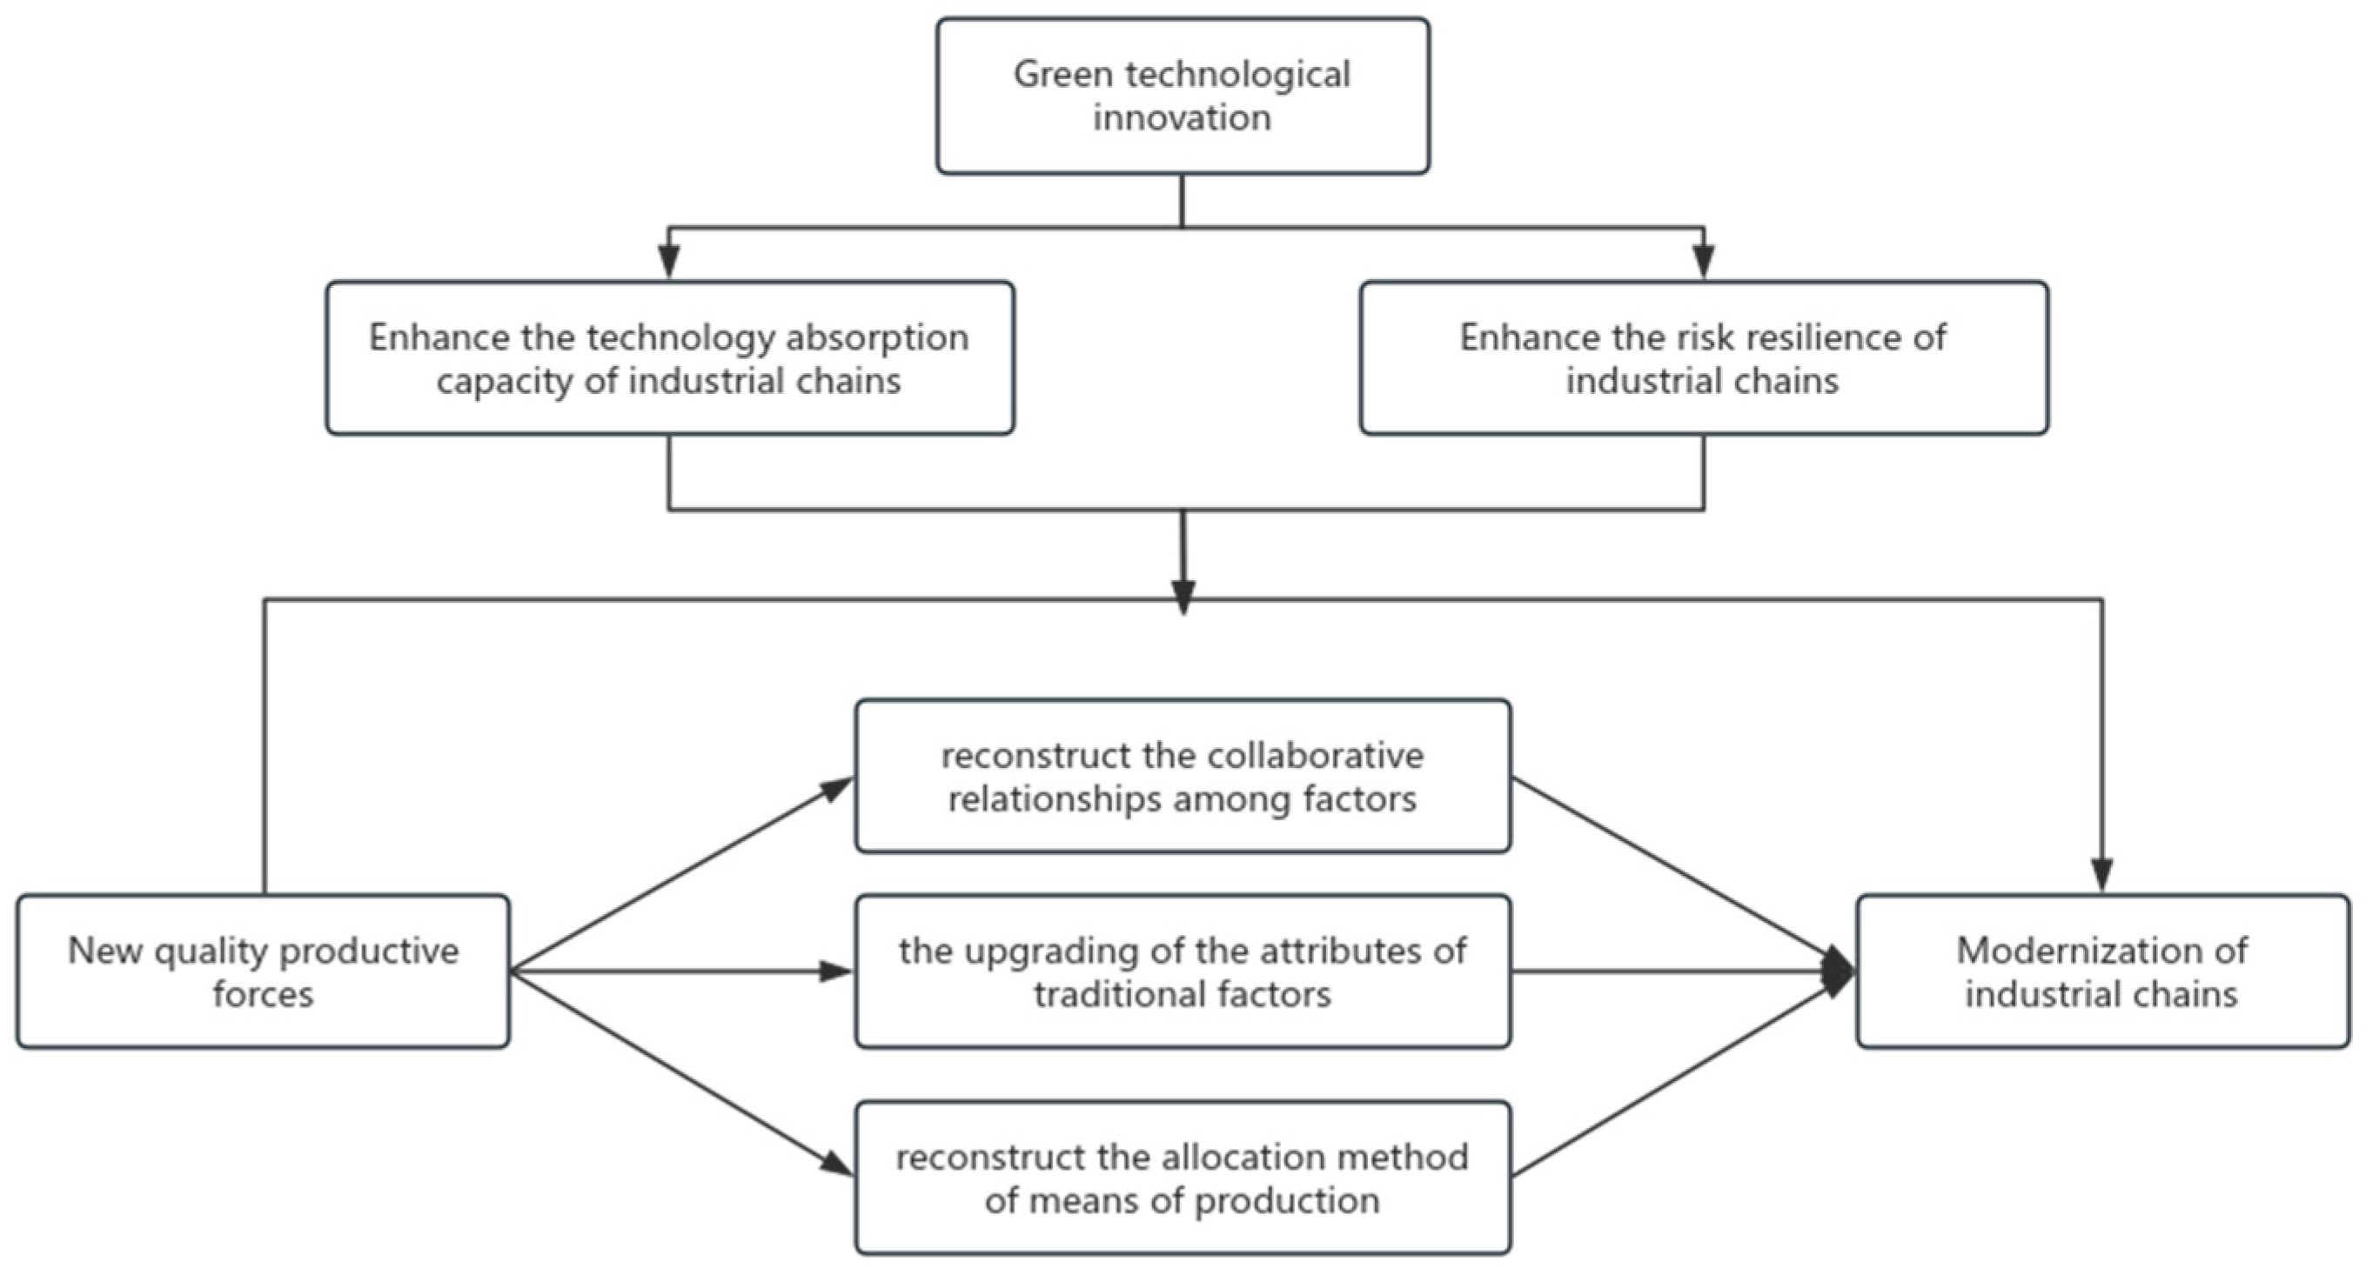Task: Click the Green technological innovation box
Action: (x=1182, y=96)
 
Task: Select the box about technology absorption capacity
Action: (x=669, y=358)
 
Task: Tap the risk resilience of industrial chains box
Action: (x=1704, y=358)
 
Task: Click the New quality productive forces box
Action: (x=263, y=971)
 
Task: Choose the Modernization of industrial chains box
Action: (x=2102, y=971)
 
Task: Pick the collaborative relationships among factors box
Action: (x=1182, y=777)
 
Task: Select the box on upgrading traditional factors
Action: (x=1182, y=971)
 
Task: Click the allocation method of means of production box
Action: (x=1182, y=1178)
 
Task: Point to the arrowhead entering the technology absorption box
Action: (x=669, y=264)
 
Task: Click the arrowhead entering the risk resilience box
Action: (x=1704, y=264)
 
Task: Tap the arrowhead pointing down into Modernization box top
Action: (x=2102, y=874)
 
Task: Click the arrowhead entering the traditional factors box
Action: (x=836, y=971)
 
